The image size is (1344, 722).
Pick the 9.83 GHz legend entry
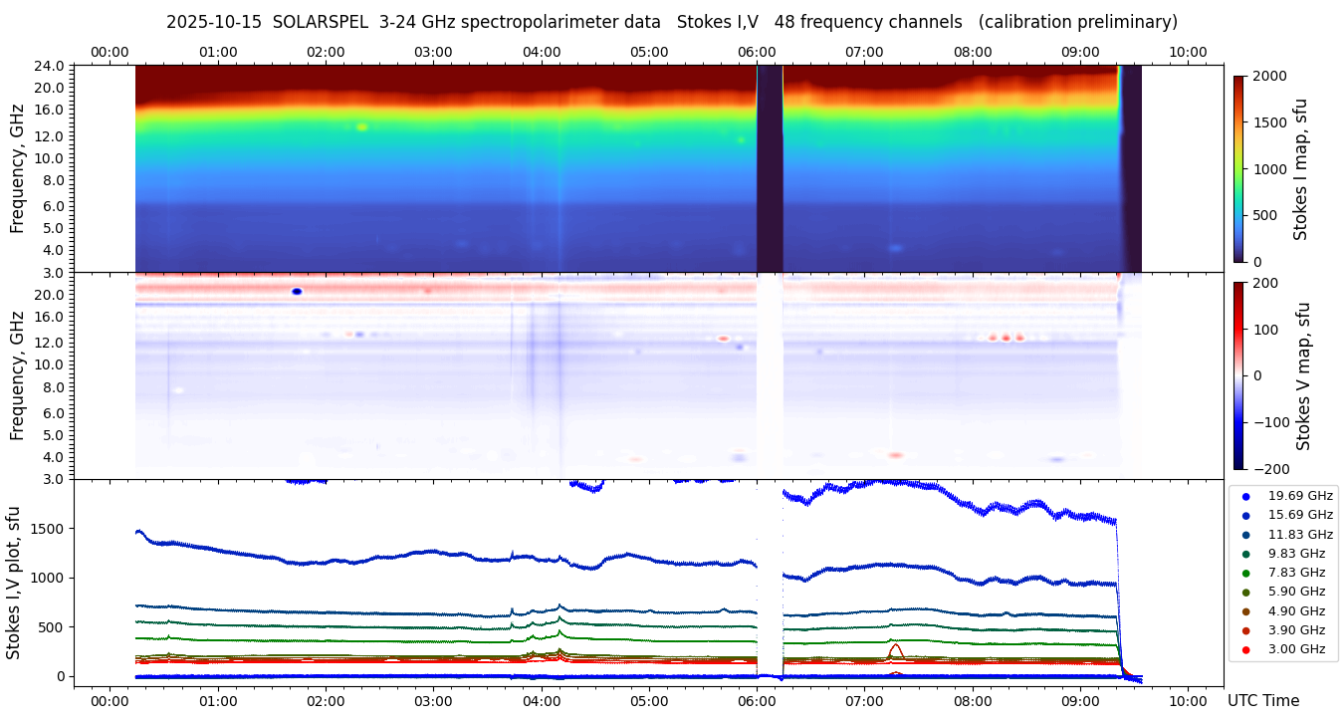pyautogui.click(x=1296, y=554)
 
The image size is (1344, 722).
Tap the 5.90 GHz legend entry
pyautogui.click(x=1296, y=592)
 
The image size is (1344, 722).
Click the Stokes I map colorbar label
pyautogui.click(x=1300, y=168)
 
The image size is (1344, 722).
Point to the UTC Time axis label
pyautogui.click(x=1268, y=701)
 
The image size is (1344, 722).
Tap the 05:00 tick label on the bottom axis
pyautogui.click(x=649, y=701)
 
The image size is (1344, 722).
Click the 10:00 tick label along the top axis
pyautogui.click(x=1189, y=52)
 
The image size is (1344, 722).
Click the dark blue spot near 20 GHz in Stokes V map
pyautogui.click(x=297, y=291)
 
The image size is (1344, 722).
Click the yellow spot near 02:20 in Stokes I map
pyautogui.click(x=361, y=126)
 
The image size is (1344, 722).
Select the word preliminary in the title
pyautogui.click(x=1130, y=22)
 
